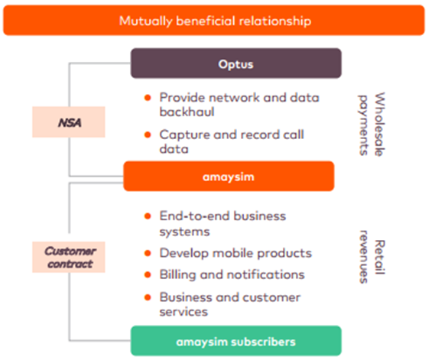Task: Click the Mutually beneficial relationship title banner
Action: pyautogui.click(x=214, y=20)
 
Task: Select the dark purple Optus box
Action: pyautogui.click(x=235, y=63)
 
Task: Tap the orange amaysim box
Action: pyautogui.click(x=229, y=176)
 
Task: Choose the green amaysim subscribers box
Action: pyautogui.click(x=235, y=341)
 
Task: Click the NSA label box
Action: pyautogui.click(x=69, y=122)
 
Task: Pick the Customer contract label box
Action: pyautogui.click(x=69, y=257)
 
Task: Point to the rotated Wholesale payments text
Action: pyautogui.click(x=372, y=125)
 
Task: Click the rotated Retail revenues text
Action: pyautogui.click(x=372, y=257)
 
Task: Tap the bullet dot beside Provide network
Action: pyautogui.click(x=148, y=98)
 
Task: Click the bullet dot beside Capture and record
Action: pyautogui.click(x=148, y=135)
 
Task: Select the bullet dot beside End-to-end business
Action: pyautogui.click(x=148, y=216)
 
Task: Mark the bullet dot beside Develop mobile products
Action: pyautogui.click(x=148, y=253)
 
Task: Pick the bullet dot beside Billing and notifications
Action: pyautogui.click(x=148, y=274)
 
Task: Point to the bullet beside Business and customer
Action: pyautogui.click(x=148, y=297)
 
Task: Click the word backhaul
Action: pyautogui.click(x=187, y=112)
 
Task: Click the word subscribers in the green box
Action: pyautogui.click(x=263, y=342)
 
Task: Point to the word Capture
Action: pyautogui.click(x=184, y=135)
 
